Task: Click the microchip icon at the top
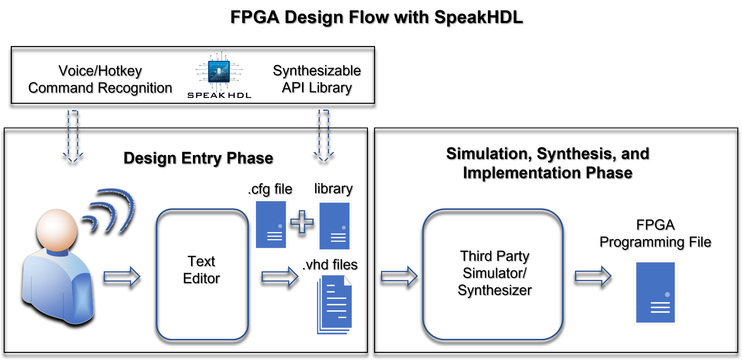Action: pyautogui.click(x=219, y=72)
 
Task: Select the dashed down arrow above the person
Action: pyautogui.click(x=73, y=136)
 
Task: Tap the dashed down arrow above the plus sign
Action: pyautogui.click(x=324, y=135)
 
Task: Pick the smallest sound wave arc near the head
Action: pyautogui.click(x=91, y=221)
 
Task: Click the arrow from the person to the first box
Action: pyautogui.click(x=122, y=276)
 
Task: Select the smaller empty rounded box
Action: pyautogui.click(x=202, y=274)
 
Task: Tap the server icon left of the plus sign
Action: pyautogui.click(x=271, y=225)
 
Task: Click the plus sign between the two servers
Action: pyautogui.click(x=302, y=222)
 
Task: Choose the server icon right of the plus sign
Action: pyautogui.click(x=334, y=226)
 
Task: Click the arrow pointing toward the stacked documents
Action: pyautogui.click(x=280, y=276)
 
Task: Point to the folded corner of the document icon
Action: pyautogui.click(x=348, y=280)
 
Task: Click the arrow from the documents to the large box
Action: pyautogui.click(x=399, y=276)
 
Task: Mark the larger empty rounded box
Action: pyautogui.click(x=493, y=274)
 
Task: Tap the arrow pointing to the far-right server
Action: pyautogui.click(x=593, y=276)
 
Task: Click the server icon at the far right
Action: pyautogui.click(x=655, y=292)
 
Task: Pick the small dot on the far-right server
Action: pyautogui.click(x=667, y=295)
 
